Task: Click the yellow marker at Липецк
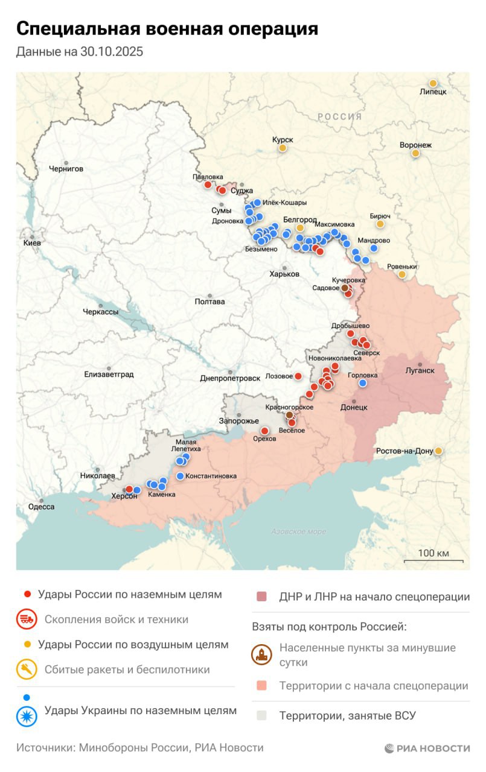[433, 83]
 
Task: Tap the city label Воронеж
[415, 145]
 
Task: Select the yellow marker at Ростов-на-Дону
[438, 451]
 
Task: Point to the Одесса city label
[41, 507]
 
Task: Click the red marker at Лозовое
[298, 376]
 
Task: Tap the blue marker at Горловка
[363, 383]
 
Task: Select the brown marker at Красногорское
[289, 415]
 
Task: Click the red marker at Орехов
[264, 431]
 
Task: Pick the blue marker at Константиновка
[180, 476]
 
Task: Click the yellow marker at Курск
[282, 147]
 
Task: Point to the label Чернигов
[66, 169]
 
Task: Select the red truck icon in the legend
[27, 619]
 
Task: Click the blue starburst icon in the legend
[27, 715]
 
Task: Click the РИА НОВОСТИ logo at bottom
[427, 748]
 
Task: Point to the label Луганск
[420, 370]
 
